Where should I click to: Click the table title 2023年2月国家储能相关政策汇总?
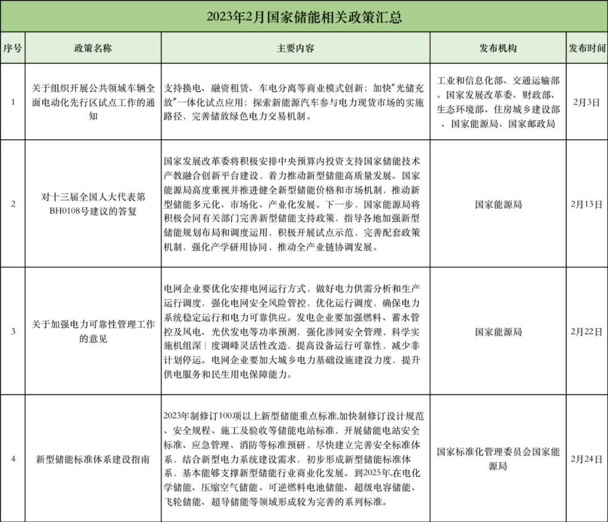pos(304,17)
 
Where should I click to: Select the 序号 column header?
pos(12,48)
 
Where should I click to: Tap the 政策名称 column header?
pos(93,48)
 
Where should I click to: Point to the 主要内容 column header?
pos(296,48)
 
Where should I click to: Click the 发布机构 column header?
pos(498,48)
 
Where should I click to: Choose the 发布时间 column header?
pos(587,48)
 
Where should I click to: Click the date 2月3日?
pos(587,102)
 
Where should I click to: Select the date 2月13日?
pos(587,204)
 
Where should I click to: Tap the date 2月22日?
pos(587,331)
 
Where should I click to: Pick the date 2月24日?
pos(587,459)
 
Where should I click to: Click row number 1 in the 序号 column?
pos(12,102)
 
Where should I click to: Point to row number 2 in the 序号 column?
pos(12,204)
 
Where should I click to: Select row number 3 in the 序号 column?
pos(12,331)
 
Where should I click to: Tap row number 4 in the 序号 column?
pos(12,459)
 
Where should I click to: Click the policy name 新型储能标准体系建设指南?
pos(93,459)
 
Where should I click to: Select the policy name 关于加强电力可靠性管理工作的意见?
pos(93,331)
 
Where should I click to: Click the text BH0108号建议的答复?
pos(93,211)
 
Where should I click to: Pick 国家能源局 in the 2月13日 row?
pos(498,204)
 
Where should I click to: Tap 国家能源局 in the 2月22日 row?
pos(498,331)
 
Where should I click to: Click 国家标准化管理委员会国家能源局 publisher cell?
pos(498,458)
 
